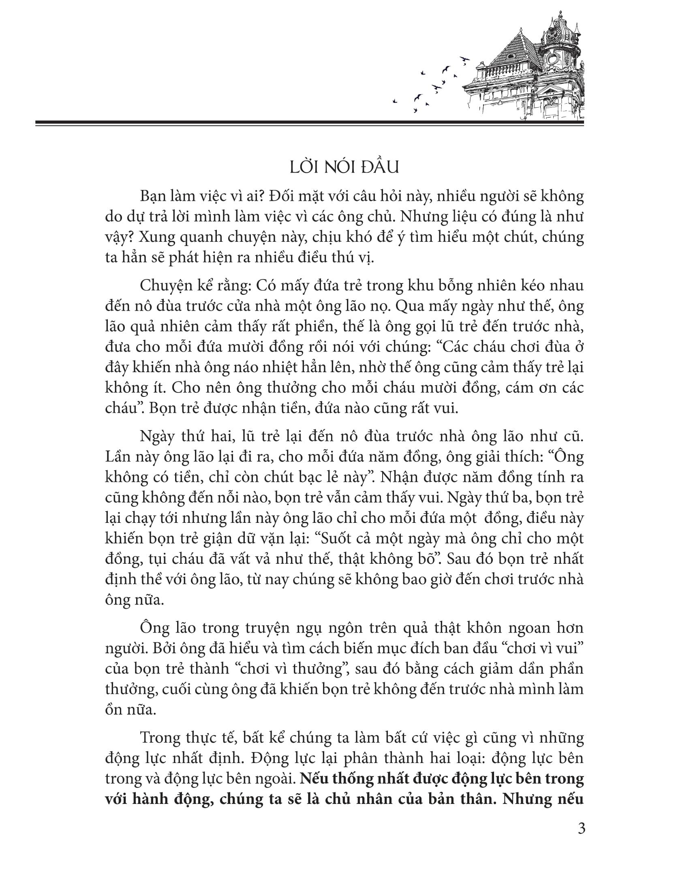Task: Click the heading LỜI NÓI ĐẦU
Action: (x=344, y=168)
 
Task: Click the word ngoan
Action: (x=518, y=628)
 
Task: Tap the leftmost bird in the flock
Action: (x=394, y=101)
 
